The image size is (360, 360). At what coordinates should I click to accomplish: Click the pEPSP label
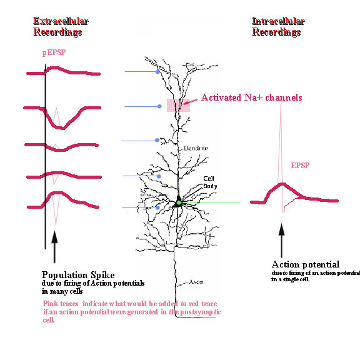coord(54,52)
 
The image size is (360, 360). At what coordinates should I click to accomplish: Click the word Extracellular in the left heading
coord(61,21)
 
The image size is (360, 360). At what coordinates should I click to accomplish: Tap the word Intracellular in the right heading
coord(278,21)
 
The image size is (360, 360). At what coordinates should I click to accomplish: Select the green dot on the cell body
coord(179,202)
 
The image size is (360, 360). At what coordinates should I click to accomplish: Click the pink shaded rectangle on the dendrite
coord(178,105)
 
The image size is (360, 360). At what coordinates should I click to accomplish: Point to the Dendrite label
coord(196,148)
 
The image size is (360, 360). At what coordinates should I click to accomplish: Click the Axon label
coord(196,282)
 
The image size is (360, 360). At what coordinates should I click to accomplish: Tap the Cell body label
coord(210,182)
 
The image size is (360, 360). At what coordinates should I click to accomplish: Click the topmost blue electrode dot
coord(157,72)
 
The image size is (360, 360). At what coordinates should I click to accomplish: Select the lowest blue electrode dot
coord(157,207)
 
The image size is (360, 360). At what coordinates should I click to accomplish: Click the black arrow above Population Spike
coord(54,247)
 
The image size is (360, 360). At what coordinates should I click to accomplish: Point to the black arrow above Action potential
coord(281,241)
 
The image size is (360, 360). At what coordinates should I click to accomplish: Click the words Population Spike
coord(78,275)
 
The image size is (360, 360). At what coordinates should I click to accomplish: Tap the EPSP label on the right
coord(300,165)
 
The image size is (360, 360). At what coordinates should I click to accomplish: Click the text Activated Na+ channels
coord(252,97)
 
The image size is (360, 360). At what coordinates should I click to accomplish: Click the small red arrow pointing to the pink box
coord(190,102)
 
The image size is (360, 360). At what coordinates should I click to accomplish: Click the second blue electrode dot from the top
coord(159,106)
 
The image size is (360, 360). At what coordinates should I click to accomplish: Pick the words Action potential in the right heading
coord(306,264)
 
